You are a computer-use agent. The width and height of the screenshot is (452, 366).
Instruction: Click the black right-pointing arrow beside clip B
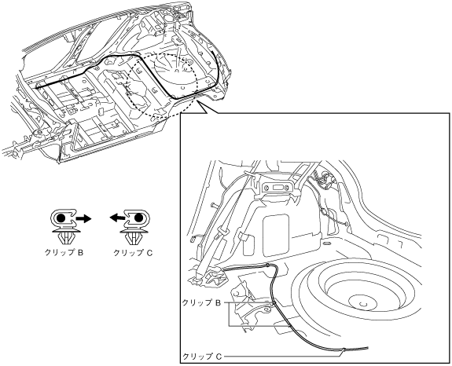pos(83,219)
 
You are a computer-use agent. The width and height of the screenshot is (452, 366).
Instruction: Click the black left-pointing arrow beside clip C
pos(116,218)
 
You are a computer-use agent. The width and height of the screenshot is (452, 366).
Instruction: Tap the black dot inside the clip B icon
pos(61,218)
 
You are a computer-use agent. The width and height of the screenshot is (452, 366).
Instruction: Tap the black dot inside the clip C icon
pos(138,218)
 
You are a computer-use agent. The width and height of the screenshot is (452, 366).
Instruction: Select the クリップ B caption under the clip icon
pos(64,253)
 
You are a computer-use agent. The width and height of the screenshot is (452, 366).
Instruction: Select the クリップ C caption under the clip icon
pos(133,253)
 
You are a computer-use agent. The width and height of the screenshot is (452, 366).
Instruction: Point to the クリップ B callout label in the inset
pos(201,302)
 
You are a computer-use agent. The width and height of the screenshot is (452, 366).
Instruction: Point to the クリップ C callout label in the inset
pos(202,357)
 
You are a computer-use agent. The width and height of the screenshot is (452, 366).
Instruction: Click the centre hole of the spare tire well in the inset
pos(362,303)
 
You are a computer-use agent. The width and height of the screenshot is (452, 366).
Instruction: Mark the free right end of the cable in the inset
pos(368,348)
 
